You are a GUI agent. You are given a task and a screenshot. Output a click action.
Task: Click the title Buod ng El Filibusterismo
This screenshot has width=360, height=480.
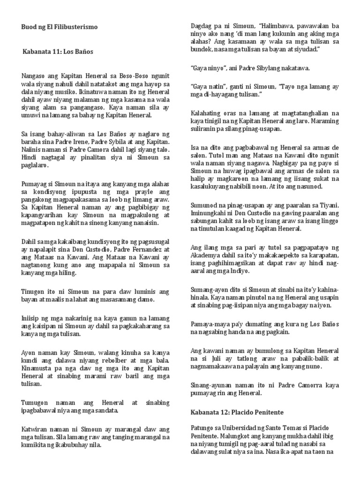(x=60, y=27)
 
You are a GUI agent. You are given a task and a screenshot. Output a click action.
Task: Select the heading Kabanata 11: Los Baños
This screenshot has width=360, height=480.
(x=58, y=52)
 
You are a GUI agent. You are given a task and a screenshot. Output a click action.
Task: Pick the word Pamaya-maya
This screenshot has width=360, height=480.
(x=209, y=324)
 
